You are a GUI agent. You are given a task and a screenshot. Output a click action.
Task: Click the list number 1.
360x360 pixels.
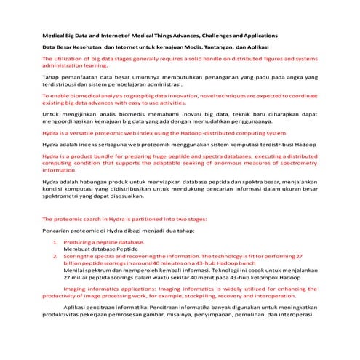pyautogui.click(x=57, y=241)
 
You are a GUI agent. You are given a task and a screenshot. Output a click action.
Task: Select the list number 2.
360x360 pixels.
pyautogui.click(x=57, y=257)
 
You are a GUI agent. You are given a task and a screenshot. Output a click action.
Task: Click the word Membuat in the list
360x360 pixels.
pyautogui.click(x=76, y=249)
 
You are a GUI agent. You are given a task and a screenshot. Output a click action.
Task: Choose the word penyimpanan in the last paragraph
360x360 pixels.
pyautogui.click(x=211, y=316)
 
